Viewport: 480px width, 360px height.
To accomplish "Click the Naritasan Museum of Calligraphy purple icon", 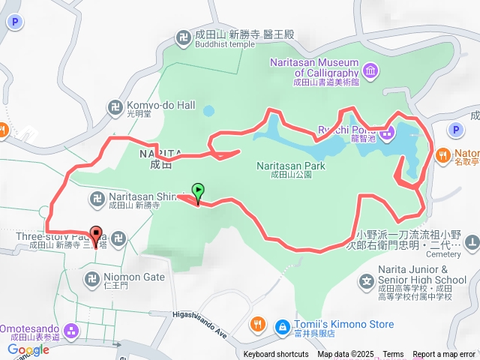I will pyautogui.click(x=370, y=71).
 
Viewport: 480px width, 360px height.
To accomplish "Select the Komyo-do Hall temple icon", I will pyautogui.click(x=115, y=107).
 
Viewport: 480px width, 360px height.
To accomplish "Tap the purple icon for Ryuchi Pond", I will pyautogui.click(x=386, y=136).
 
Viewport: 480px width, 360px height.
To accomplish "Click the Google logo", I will pyautogui.click(x=28, y=349).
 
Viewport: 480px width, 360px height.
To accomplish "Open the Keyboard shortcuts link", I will pyautogui.click(x=275, y=355).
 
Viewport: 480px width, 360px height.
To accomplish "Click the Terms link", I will pyautogui.click(x=393, y=355).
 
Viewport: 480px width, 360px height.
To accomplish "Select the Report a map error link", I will pyautogui.click(x=444, y=355).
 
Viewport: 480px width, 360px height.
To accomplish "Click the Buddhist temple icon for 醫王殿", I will pyautogui.click(x=183, y=36).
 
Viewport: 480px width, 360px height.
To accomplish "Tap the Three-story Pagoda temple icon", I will pyautogui.click(x=120, y=239).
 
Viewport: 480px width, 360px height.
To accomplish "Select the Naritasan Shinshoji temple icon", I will pyautogui.click(x=97, y=199).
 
